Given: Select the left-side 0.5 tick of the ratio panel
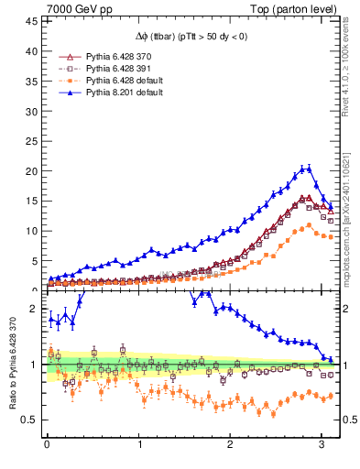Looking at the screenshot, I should click(28, 420).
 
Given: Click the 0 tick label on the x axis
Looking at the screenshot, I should click(47, 446).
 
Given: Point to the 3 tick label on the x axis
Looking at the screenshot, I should click(320, 446).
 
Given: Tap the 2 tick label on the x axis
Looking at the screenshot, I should click(229, 446).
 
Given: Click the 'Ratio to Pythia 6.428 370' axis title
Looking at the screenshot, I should click(13, 366).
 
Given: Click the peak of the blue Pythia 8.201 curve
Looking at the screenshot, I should click(306, 168).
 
